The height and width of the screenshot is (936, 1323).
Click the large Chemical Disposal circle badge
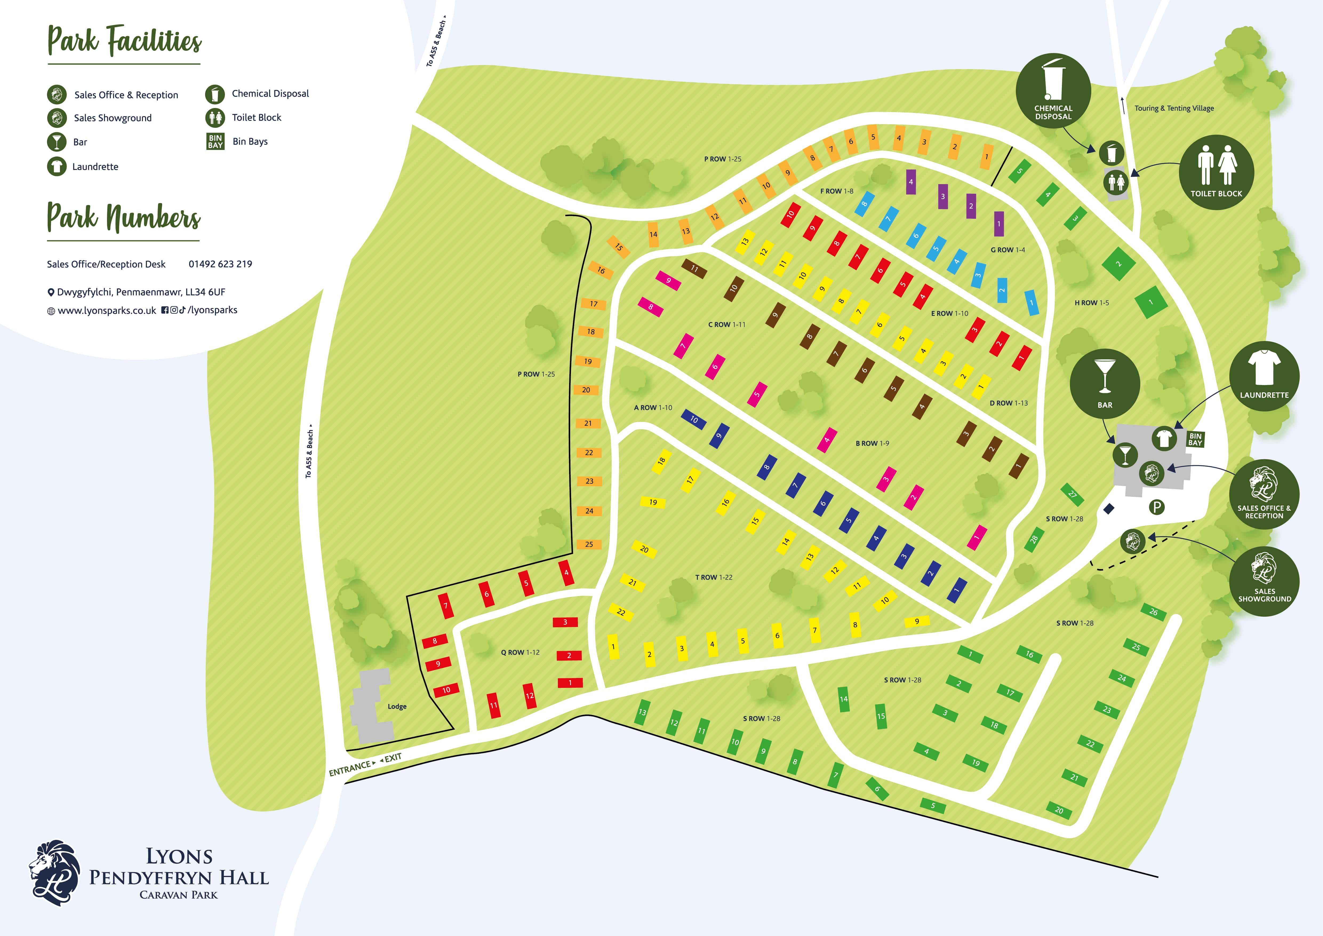[1053, 90]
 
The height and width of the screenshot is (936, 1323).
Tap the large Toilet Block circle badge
[1216, 172]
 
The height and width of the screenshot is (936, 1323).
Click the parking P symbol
[1157, 507]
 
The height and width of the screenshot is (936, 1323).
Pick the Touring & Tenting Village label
[1174, 108]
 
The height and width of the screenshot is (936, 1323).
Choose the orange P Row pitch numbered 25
[589, 544]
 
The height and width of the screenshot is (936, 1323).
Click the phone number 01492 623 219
[220, 264]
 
